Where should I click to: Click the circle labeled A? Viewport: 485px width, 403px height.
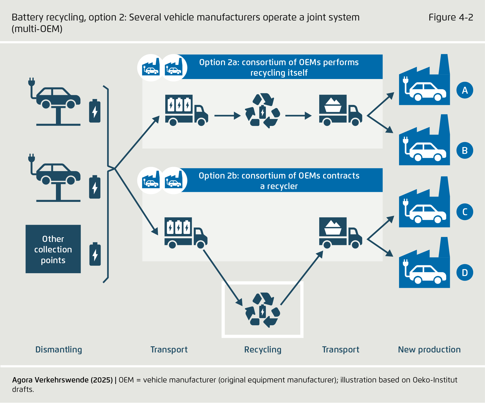465,90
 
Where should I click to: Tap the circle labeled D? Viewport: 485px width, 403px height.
465,272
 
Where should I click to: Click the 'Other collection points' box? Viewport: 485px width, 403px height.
53,249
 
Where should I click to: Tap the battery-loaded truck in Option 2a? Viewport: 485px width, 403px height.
186,111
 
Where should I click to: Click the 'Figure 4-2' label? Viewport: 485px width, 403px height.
451,17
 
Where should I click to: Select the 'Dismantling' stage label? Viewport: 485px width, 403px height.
59,350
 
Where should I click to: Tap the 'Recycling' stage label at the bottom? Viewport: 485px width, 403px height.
263,350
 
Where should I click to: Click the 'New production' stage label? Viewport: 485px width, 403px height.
429,350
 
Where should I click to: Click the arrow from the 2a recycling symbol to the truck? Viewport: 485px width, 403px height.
298,116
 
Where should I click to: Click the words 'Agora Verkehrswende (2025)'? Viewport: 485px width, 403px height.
62,380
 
